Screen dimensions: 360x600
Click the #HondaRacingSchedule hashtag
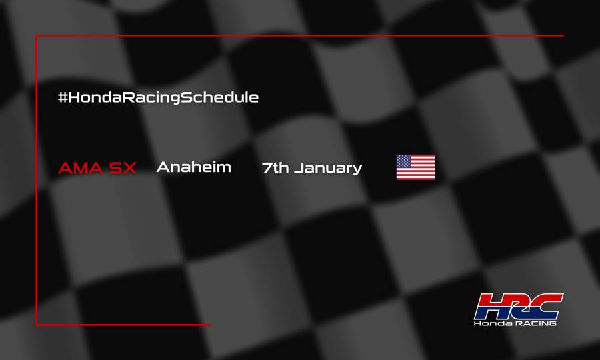pos(158,97)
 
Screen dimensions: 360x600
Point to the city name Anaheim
pos(193,167)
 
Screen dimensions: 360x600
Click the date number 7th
pos(275,168)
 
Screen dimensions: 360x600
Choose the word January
pos(329,169)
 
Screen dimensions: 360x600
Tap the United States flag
pos(415,167)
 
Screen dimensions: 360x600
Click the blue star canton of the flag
pos(404,161)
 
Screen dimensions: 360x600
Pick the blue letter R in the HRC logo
pos(517,307)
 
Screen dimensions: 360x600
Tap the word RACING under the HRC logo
pos(534,323)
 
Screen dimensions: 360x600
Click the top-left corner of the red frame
pos(37,36)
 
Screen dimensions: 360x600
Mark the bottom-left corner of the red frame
pos(37,325)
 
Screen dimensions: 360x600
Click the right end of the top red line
pos(563,35)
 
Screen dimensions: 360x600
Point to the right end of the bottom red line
pos(210,325)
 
